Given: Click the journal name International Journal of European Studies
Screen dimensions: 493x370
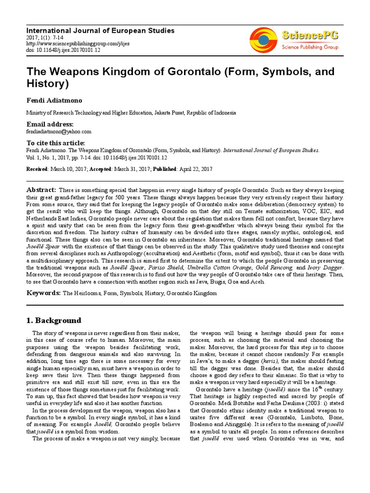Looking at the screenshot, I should [100, 31].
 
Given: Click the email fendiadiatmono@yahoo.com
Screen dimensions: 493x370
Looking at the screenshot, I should [58, 131].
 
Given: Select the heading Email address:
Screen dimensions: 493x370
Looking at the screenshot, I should [50, 124].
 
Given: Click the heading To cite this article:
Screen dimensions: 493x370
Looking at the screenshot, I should [55, 143].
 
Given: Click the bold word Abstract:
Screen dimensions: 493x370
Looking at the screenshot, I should [41, 190].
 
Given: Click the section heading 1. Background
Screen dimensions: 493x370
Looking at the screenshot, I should [53, 321].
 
